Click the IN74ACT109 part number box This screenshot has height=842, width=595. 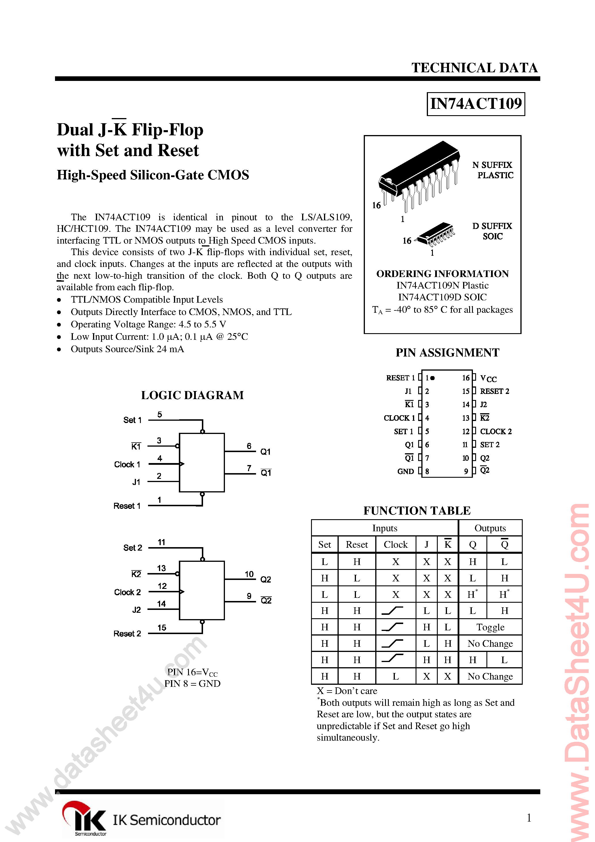point(476,104)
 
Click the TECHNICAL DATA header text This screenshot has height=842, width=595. point(474,68)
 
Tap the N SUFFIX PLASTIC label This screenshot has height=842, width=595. point(493,170)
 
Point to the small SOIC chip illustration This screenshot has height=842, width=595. point(436,234)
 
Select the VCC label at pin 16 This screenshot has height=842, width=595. point(488,378)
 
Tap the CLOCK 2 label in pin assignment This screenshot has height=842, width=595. point(496,432)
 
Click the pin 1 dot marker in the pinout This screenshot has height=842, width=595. point(433,378)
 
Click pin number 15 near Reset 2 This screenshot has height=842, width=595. point(162,628)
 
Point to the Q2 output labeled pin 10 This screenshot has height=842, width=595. point(266,579)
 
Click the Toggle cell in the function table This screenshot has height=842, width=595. point(490,627)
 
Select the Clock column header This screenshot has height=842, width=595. point(395,545)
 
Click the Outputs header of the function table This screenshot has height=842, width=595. point(490,528)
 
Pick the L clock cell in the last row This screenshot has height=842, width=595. point(395,676)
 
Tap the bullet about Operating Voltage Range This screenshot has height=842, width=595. point(148,325)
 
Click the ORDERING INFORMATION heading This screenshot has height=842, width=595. point(442,274)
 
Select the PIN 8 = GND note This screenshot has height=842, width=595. point(192,684)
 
